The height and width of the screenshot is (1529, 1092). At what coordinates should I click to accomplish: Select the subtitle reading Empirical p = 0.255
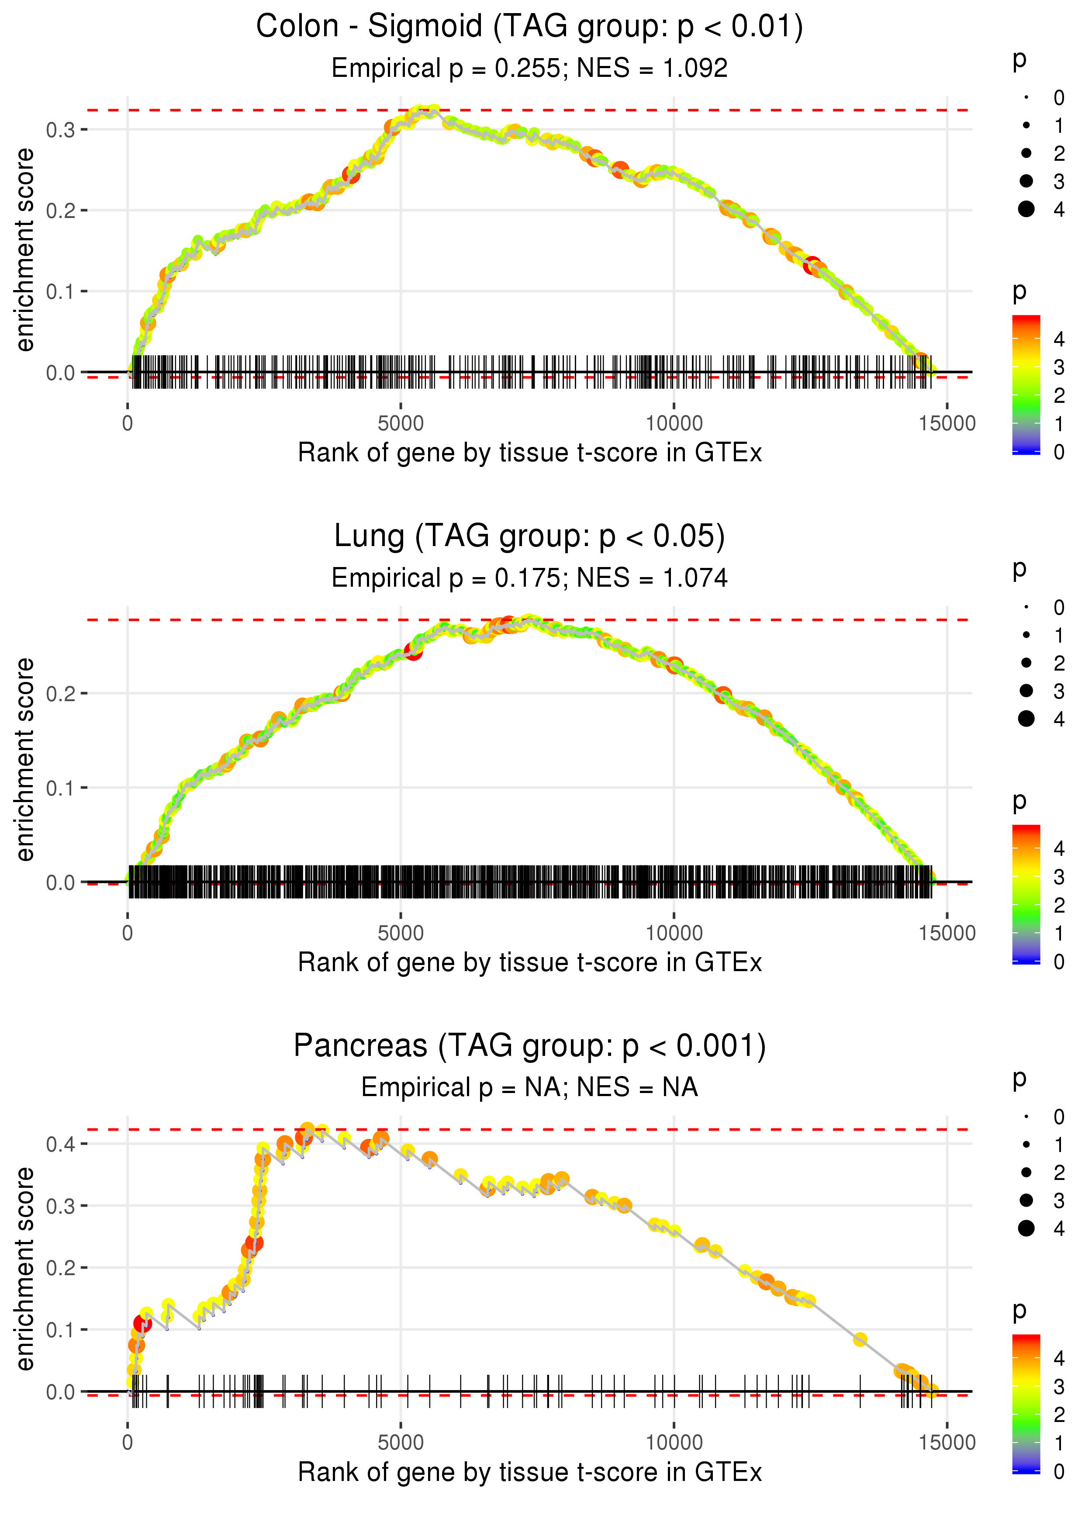point(529,69)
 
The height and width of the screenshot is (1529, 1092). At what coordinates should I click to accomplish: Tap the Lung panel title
point(529,536)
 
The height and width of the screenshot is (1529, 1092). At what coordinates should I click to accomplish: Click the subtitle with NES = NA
point(529,1087)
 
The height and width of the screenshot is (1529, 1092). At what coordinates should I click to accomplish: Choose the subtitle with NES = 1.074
point(529,578)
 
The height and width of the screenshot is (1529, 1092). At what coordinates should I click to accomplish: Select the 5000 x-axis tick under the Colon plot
point(401,424)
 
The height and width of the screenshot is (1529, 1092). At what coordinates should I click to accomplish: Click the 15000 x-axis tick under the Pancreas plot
point(947,1443)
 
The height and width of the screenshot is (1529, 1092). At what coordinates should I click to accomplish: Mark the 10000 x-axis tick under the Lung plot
point(674,933)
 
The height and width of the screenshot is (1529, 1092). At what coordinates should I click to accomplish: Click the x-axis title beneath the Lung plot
point(529,963)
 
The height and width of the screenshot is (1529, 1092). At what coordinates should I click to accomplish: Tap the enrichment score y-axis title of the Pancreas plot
point(25,1269)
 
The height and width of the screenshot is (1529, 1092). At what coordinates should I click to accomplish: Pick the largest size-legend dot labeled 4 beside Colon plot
point(1026,209)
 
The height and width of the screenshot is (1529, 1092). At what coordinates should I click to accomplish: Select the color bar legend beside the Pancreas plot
point(1026,1403)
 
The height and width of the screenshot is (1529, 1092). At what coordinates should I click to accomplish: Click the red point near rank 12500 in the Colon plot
point(812,265)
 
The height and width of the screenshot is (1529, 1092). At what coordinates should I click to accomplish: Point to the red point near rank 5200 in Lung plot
point(414,651)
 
